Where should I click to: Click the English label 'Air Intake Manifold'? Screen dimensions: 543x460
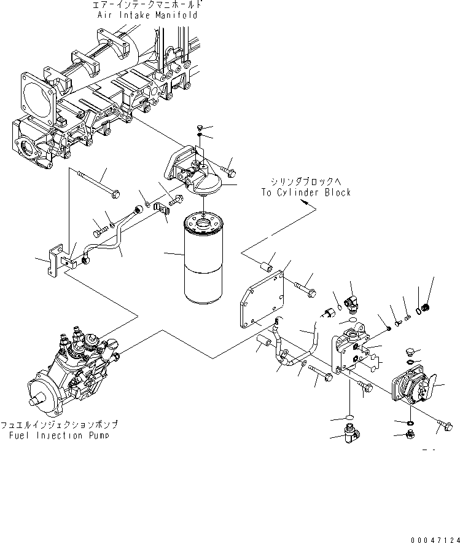(x=147, y=15)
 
